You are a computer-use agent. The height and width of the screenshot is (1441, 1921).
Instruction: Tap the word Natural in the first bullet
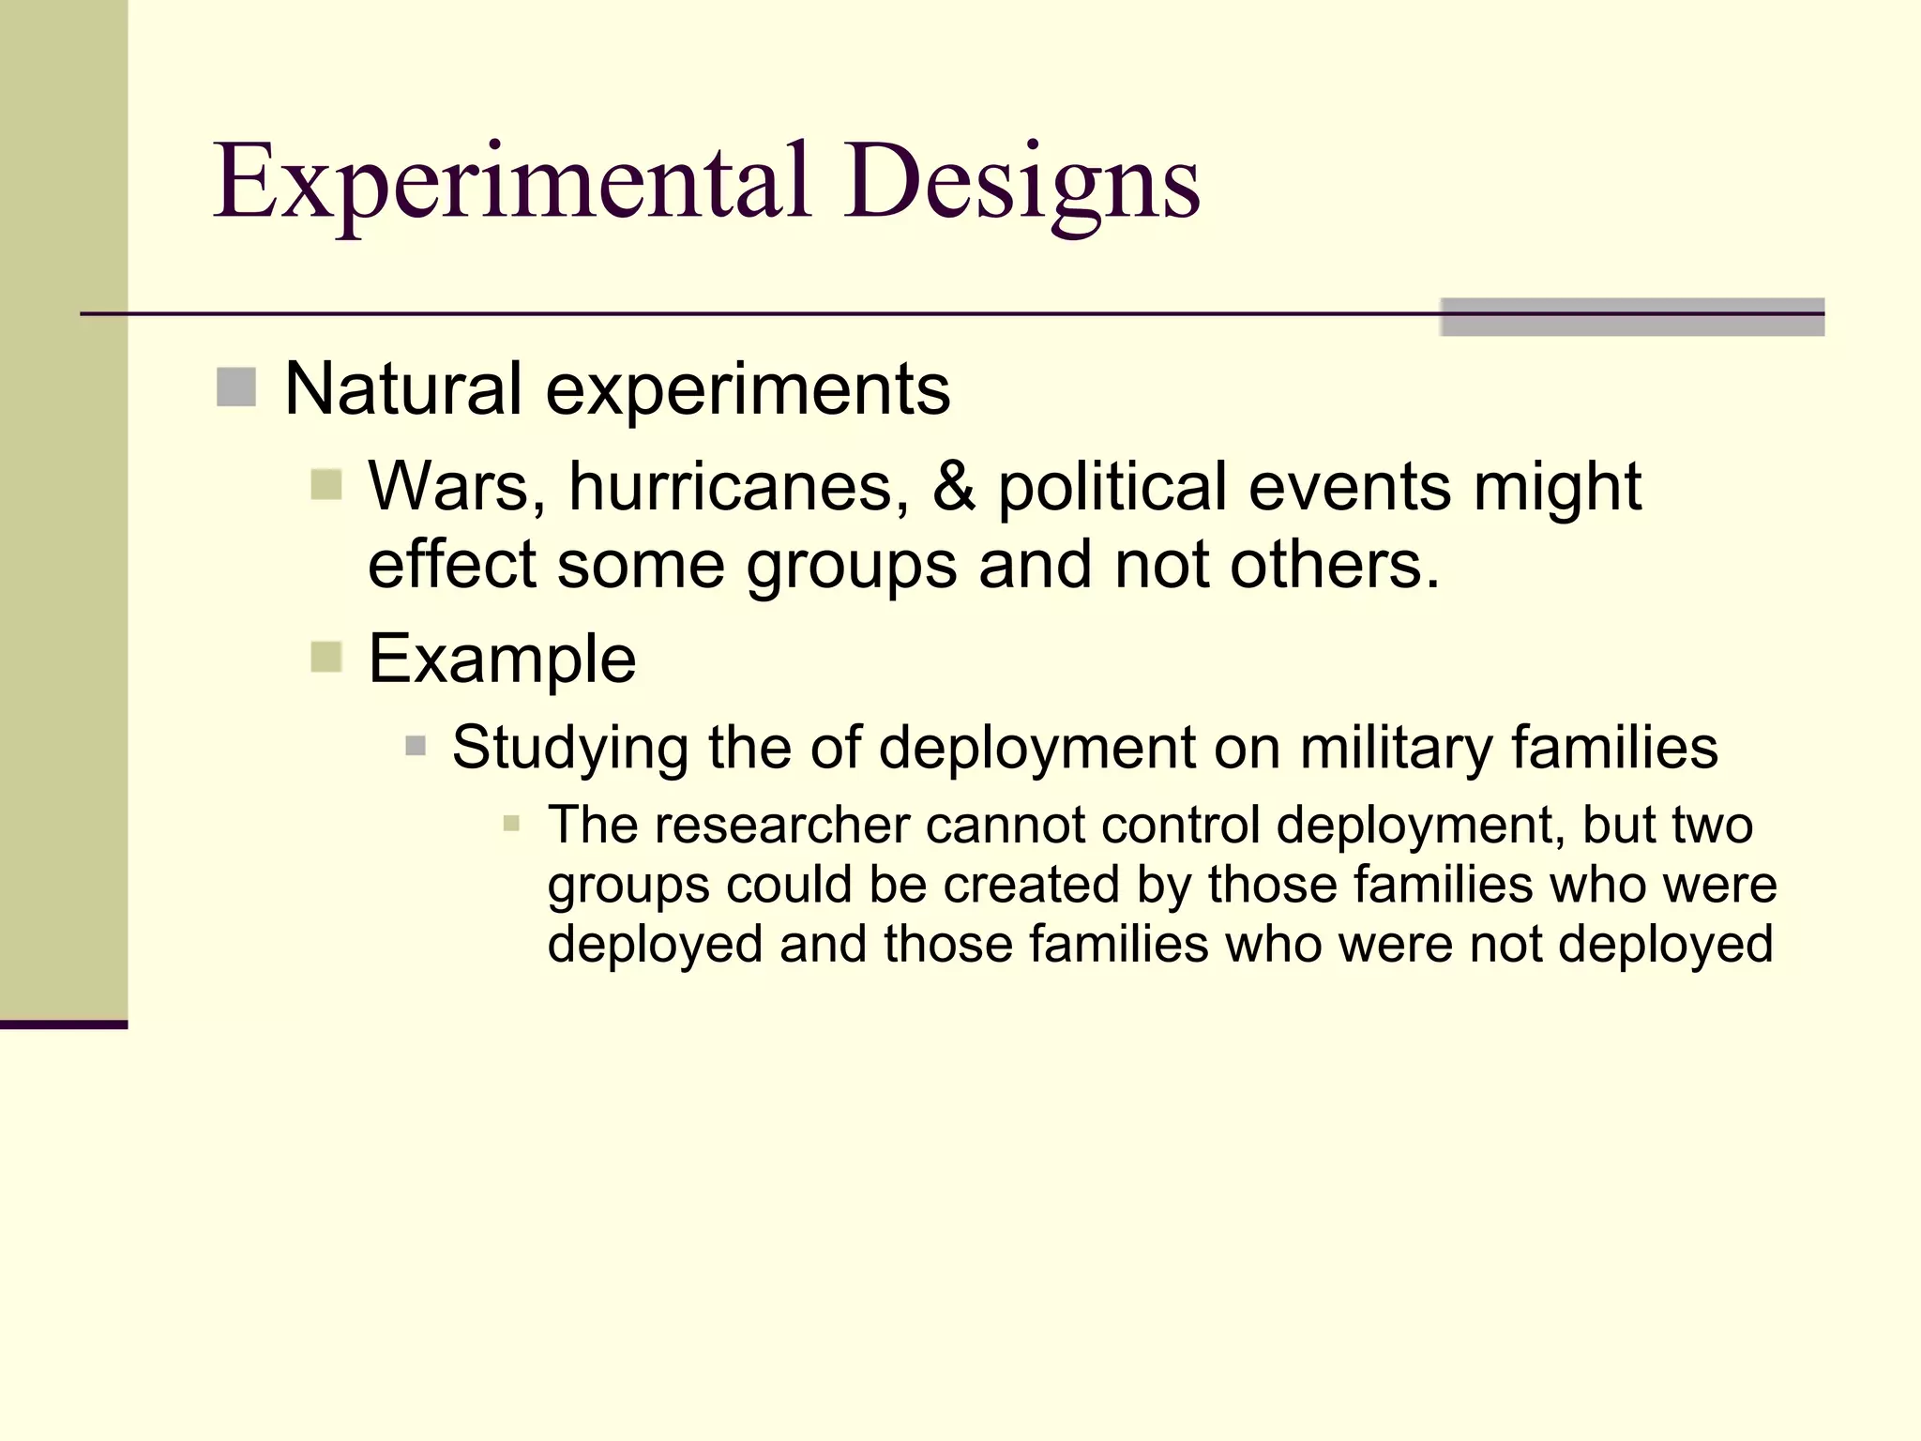coord(402,388)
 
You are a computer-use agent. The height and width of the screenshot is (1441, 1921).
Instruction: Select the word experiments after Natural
coord(748,390)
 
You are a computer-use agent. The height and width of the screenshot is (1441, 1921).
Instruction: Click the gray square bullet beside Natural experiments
coord(236,387)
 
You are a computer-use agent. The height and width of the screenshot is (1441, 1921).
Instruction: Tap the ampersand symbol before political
coord(953,487)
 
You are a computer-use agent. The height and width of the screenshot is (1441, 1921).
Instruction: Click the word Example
coord(502,659)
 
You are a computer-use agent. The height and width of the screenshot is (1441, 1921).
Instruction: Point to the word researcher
coord(782,826)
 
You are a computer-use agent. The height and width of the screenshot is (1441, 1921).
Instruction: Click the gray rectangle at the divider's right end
coord(1631,317)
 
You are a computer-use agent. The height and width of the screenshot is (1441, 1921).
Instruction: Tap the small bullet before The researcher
coord(511,825)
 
